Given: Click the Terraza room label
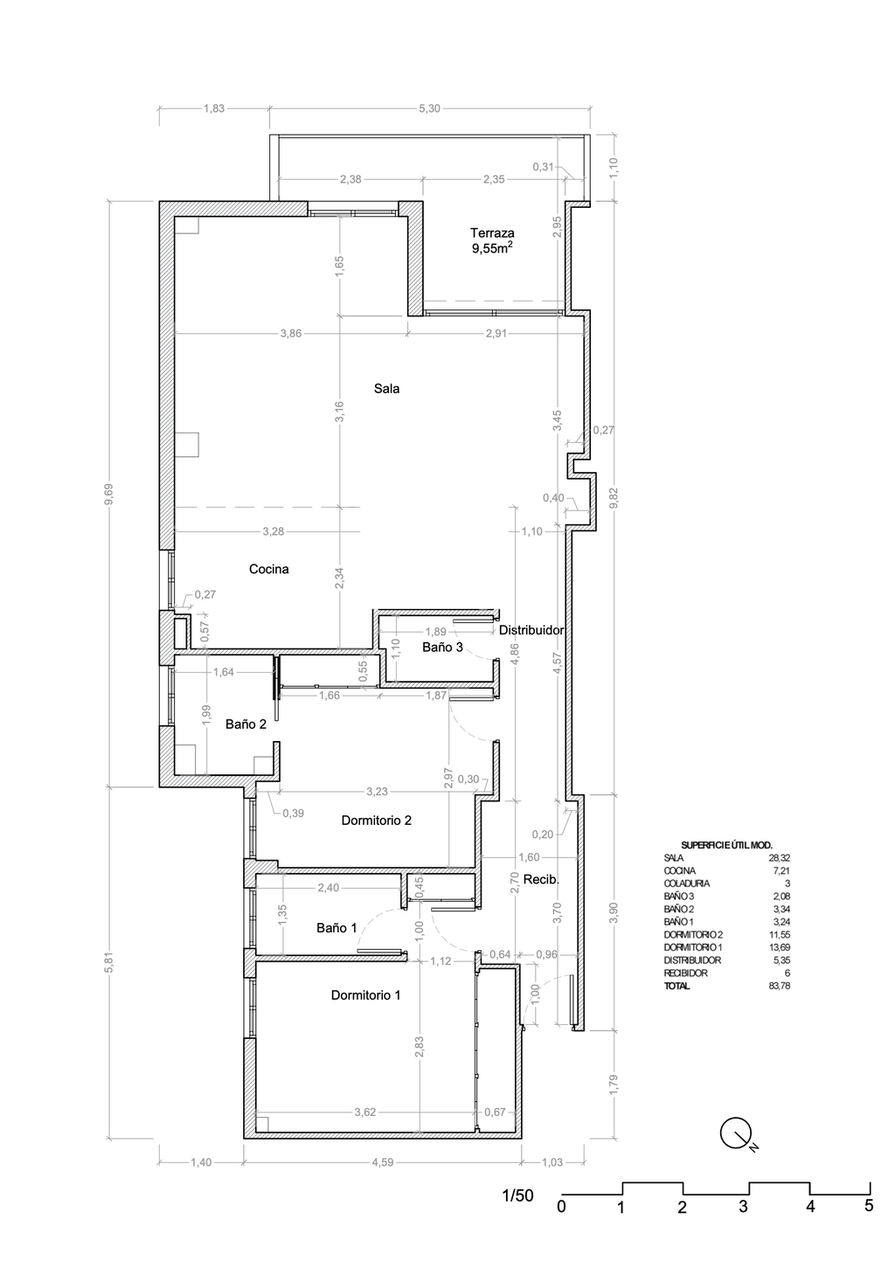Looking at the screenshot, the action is pos(492,232).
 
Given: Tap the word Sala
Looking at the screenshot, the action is pos(386,388).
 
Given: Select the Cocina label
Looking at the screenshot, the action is pos(269,569).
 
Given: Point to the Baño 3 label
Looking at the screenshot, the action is pos(442,647).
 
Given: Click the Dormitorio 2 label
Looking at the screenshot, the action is pos(377,821).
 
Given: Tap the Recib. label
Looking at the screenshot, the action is pos(541,880).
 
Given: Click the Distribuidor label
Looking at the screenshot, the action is pos(531,630).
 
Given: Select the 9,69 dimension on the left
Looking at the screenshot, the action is pos(109,494).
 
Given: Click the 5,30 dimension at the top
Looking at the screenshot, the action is pos(430,108).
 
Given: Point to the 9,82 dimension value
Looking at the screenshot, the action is pos(614,497).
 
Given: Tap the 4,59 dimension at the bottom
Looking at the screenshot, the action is pos(383,1162).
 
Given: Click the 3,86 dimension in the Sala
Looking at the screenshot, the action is pos(291,334).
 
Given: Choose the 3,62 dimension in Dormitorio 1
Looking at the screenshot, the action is pos(365,1112).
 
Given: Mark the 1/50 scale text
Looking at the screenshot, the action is pos(517,1195).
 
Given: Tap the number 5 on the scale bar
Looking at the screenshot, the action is pos(869,1205).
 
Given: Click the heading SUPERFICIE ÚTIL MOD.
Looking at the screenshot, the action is pos(727,845).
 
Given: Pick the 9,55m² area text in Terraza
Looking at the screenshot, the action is pos(492,247).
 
